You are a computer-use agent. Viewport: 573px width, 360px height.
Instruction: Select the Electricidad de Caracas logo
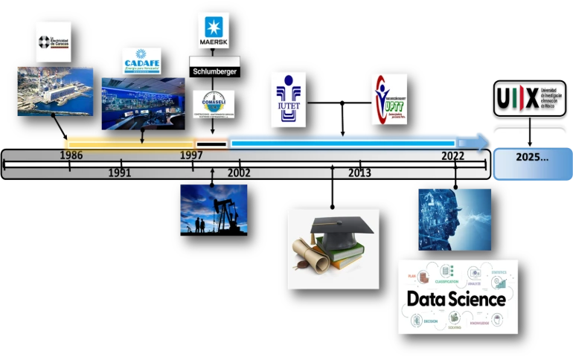[x=54, y=42]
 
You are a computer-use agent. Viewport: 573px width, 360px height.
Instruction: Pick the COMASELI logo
[x=214, y=103]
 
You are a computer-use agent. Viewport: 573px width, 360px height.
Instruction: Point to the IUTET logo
[x=287, y=99]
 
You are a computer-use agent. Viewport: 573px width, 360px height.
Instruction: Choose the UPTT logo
[x=389, y=99]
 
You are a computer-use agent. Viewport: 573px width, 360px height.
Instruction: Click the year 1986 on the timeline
[x=71, y=155]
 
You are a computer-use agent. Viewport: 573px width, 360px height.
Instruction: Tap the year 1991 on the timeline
[x=119, y=173]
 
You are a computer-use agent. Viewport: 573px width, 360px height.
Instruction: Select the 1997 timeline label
[x=191, y=155]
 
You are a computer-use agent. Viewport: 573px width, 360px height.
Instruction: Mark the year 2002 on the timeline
[x=239, y=173]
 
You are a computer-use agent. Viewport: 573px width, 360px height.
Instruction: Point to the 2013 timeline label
[x=359, y=173]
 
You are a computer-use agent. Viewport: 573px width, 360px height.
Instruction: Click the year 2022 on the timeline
[x=452, y=155]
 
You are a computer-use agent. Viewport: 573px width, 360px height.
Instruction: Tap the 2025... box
[x=532, y=158]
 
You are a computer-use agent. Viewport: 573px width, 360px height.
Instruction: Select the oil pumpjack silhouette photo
[x=214, y=208]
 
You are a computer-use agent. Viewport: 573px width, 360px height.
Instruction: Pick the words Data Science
[x=456, y=299]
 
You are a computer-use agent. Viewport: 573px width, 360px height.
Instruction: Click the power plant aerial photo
[x=55, y=91]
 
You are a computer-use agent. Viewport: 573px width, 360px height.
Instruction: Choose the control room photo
[x=143, y=103]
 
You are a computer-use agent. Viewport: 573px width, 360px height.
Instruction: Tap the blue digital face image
[x=454, y=219]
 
